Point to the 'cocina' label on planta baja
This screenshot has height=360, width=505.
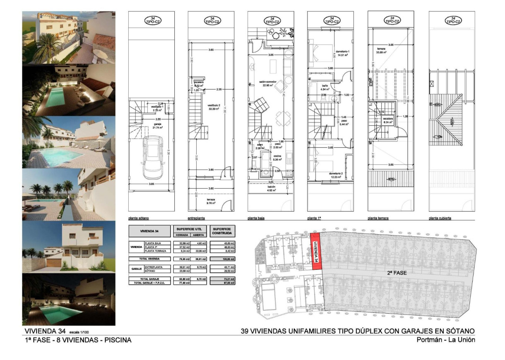coord(277,155)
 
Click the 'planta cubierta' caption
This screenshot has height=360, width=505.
coord(440,218)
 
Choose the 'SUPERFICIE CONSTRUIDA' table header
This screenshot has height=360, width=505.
coord(223,230)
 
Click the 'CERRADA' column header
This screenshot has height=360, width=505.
coord(183,235)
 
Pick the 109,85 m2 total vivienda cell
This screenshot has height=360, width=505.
coord(223,259)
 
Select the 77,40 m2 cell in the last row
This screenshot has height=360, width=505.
coord(183,283)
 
